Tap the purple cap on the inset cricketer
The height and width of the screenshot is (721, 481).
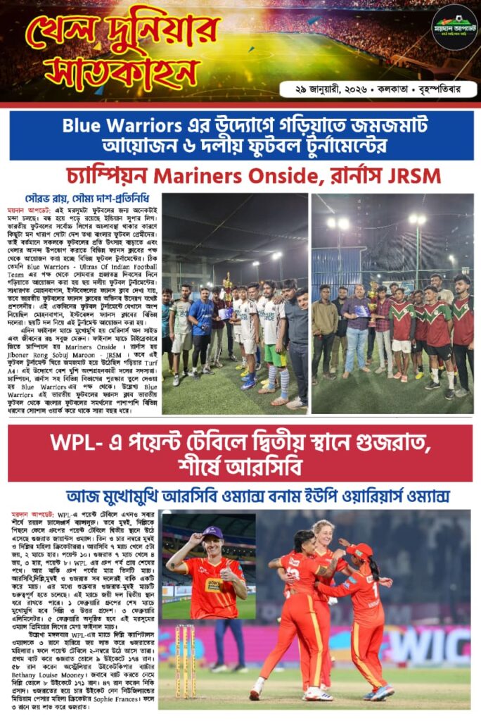[x=212, y=532]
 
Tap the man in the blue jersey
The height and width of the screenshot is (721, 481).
[x=202, y=320]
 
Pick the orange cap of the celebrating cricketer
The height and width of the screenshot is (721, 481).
[x=359, y=551]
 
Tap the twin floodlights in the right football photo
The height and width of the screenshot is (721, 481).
[x=337, y=222]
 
